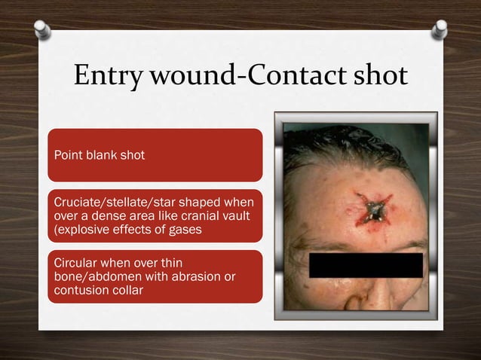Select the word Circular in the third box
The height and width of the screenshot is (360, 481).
74,264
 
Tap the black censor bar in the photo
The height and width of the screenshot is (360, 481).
366,264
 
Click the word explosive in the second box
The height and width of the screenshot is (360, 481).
81,229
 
